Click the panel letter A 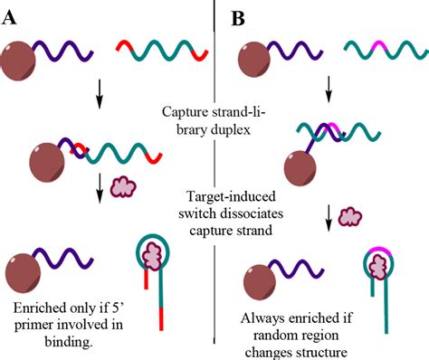[12, 16]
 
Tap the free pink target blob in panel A [123, 188]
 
